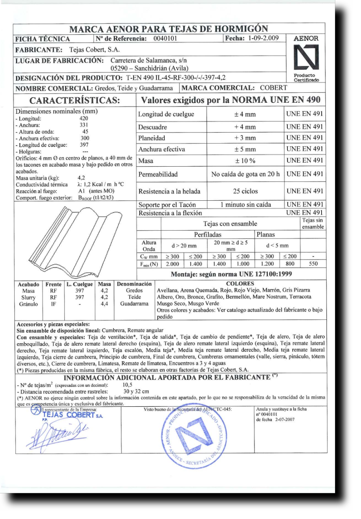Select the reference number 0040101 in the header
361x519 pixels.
coord(165,38)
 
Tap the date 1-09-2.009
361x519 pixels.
coord(263,38)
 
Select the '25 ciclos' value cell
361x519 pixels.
coord(245,191)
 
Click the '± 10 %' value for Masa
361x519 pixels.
coord(245,161)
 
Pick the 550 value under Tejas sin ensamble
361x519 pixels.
coord(313,264)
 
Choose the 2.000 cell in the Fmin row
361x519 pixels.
coord(172,264)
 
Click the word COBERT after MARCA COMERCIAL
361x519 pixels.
coord(273,88)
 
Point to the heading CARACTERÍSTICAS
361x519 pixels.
coord(75,100)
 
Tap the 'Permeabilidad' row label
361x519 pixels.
coord(158,174)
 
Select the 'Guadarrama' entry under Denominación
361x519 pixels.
coord(134,304)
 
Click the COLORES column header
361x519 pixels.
coord(240,284)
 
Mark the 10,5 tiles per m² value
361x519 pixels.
coord(127,385)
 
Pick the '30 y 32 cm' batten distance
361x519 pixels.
coord(136,391)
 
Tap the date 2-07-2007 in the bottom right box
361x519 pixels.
coord(285,419)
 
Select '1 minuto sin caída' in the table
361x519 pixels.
coord(245,205)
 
